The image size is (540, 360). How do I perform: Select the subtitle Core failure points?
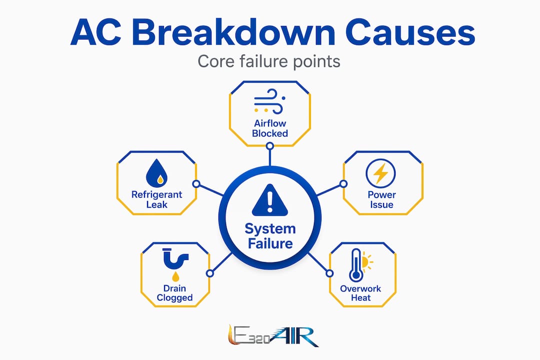[x=269, y=61]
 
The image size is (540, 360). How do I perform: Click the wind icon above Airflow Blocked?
[x=269, y=101]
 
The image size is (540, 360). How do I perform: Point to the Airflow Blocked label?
[x=270, y=128]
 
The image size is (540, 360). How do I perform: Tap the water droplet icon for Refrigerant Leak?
[x=156, y=173]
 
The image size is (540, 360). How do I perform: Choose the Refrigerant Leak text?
[x=156, y=199]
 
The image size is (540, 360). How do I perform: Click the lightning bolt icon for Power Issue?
[x=380, y=173]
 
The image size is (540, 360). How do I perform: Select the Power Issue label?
[x=381, y=199]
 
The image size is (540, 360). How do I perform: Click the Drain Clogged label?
[x=174, y=293]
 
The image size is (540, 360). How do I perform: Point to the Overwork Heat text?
[x=360, y=293]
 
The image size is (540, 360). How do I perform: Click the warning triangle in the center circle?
[x=269, y=200]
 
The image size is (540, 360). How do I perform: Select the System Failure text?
[x=270, y=236]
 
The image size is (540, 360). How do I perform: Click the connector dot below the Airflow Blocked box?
[x=270, y=146]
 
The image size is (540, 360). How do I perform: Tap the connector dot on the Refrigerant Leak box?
[x=196, y=184]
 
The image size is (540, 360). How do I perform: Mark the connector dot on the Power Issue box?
[x=343, y=184]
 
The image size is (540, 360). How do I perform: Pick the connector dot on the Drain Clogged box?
[x=209, y=273]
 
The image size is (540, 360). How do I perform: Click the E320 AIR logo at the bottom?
[x=273, y=335]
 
